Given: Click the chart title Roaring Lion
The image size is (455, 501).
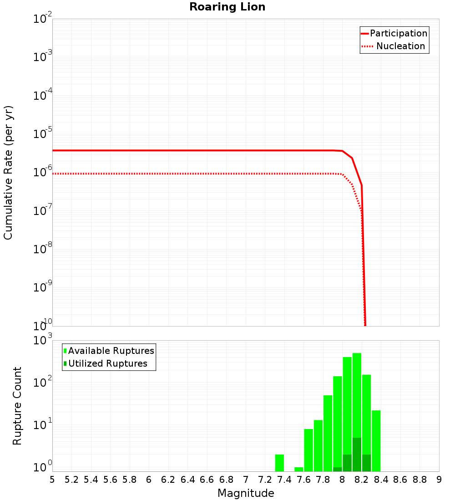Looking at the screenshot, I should (227, 7).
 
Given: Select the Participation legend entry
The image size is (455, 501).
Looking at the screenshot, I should (399, 33).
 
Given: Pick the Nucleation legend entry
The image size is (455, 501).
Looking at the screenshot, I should (400, 46).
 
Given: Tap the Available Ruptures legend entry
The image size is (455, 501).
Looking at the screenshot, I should (111, 351).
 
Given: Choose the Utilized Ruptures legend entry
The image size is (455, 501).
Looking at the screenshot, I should (107, 363).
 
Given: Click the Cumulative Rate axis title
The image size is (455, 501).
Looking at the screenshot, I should (9, 173).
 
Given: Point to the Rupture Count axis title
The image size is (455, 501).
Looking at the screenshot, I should (17, 406).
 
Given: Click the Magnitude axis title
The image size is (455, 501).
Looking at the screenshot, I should (246, 493).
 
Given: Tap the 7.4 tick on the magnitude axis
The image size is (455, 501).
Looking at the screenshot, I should (284, 480).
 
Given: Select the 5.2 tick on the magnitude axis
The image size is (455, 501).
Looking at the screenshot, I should (72, 480).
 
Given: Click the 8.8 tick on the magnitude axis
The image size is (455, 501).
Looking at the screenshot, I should (420, 480).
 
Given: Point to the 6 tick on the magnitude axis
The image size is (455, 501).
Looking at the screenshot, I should (149, 480).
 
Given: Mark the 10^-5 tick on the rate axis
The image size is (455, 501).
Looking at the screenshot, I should (42, 135).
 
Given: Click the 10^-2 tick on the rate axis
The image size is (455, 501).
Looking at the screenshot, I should (42, 20).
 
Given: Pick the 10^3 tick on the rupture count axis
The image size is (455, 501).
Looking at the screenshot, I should (43, 341).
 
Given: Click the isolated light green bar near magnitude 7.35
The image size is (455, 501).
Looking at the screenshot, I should (279, 463).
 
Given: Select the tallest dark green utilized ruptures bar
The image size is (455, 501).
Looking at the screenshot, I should (357, 455).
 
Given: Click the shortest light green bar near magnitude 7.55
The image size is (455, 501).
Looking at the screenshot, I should (298, 469).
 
